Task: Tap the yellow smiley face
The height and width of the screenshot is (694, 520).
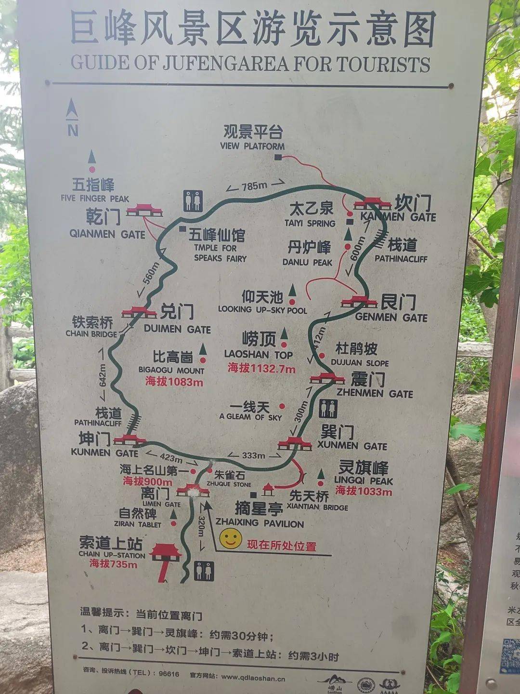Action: pyautogui.click(x=231, y=539)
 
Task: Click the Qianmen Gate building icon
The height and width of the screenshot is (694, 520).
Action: pyautogui.click(x=144, y=210)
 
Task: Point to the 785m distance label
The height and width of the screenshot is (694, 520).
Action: pyautogui.click(x=254, y=186)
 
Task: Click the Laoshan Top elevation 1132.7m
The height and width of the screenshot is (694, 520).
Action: pyautogui.click(x=261, y=369)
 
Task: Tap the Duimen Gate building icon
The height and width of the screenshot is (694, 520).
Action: pyautogui.click(x=139, y=312)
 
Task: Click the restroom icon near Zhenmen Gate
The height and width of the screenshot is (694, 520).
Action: pyautogui.click(x=328, y=409)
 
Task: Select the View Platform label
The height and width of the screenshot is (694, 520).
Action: pyautogui.click(x=253, y=138)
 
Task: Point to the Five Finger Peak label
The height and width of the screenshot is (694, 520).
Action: pyautogui.click(x=94, y=190)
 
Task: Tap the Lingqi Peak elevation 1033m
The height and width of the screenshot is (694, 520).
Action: pyautogui.click(x=364, y=491)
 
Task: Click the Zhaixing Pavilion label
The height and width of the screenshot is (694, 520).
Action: pyautogui.click(x=260, y=515)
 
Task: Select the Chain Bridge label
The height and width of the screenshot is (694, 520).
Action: pyautogui.click(x=92, y=326)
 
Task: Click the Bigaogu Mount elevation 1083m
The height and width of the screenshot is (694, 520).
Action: pyautogui.click(x=174, y=382)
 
